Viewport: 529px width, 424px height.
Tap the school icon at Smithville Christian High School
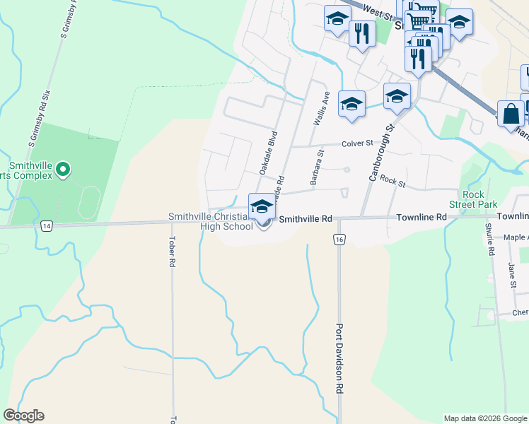point(262,207)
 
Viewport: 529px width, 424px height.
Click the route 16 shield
point(340,240)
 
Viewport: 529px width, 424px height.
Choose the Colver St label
point(357,143)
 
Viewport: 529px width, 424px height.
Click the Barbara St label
point(316,167)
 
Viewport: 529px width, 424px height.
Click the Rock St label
point(393,181)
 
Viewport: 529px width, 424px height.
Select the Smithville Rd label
point(306,219)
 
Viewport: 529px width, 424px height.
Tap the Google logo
point(23,416)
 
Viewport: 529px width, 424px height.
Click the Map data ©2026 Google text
point(484,418)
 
